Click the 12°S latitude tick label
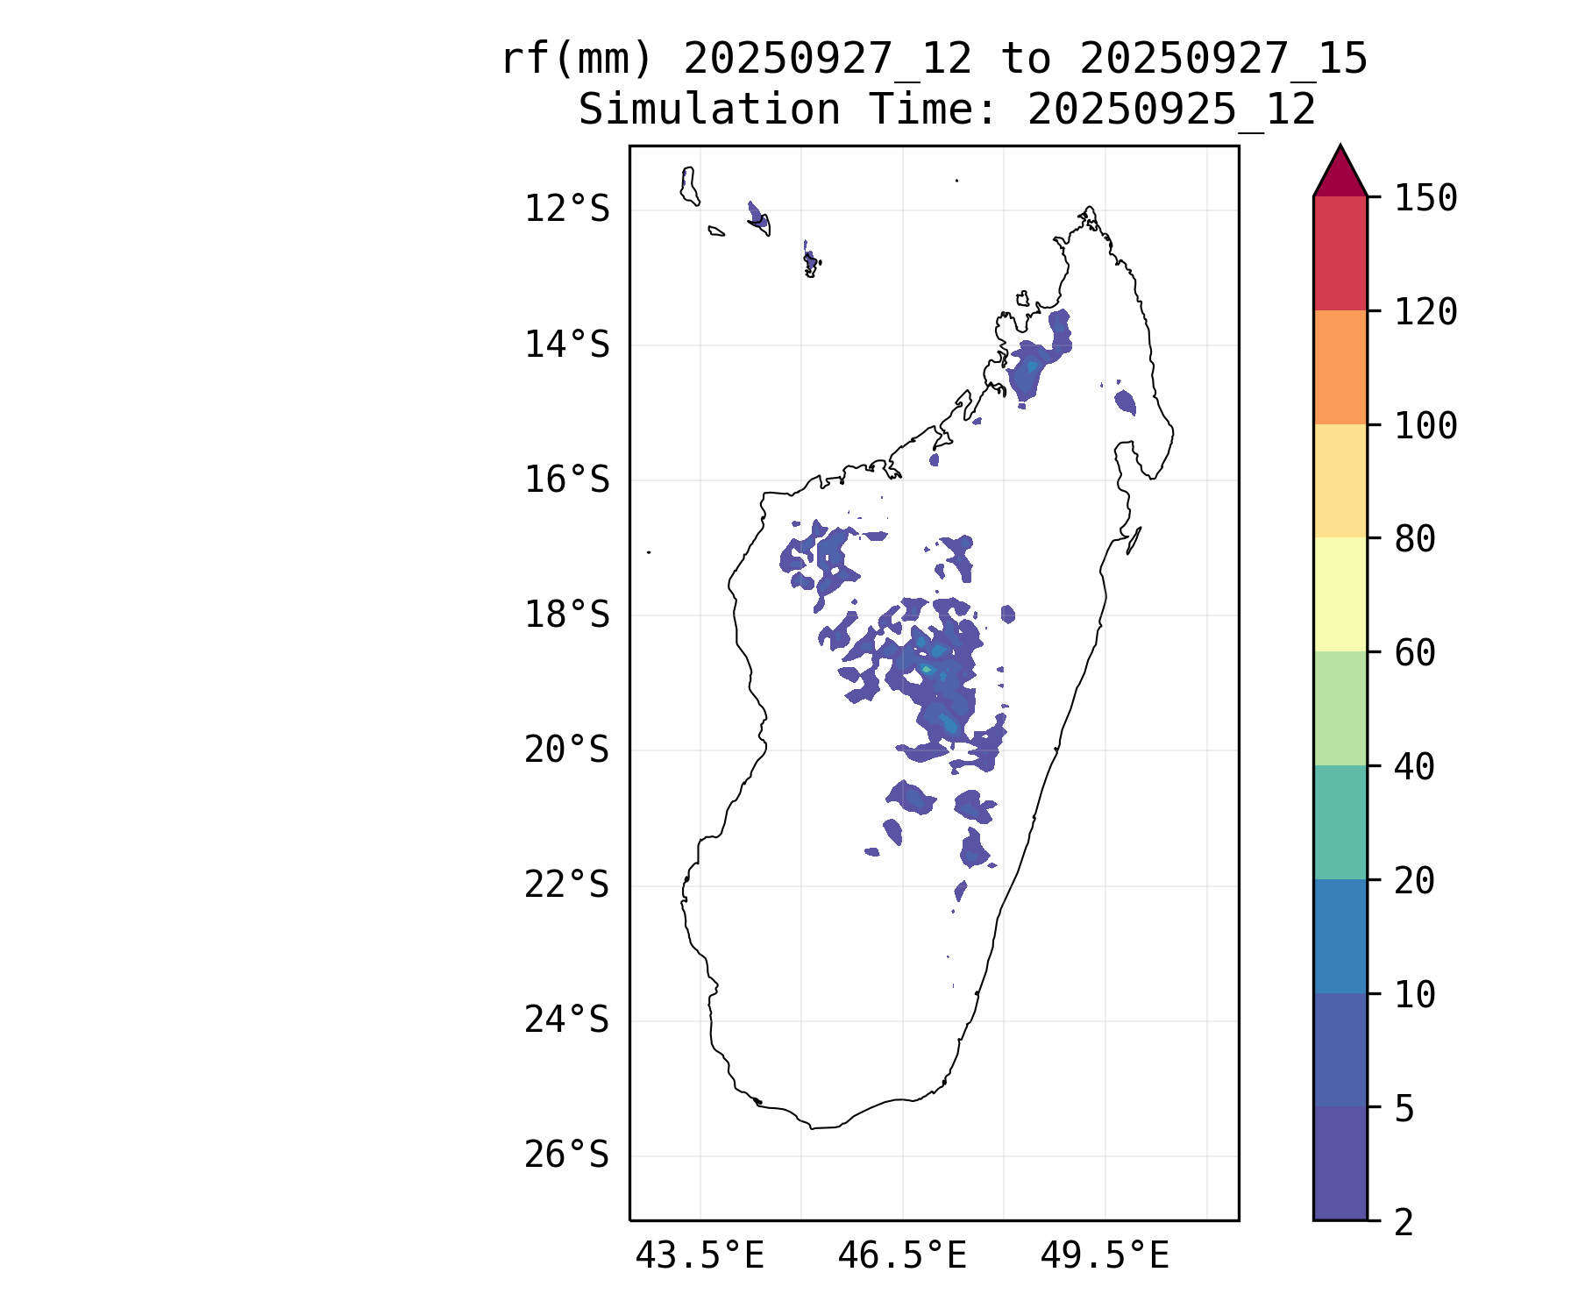[566, 210]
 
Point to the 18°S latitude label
[566, 615]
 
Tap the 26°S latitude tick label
[566, 1155]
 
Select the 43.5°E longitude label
[700, 1256]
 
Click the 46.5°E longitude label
[902, 1256]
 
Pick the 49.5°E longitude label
[1105, 1256]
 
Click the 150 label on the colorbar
[1425, 198]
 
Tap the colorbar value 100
[1425, 426]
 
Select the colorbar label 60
[1415, 653]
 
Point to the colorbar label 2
[1404, 1222]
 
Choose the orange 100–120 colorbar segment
[1340, 367]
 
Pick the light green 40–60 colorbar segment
[1340, 708]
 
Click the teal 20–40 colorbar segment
[1340, 822]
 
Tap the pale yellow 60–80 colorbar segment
[1340, 594]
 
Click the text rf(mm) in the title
[578, 60]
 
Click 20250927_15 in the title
[1224, 60]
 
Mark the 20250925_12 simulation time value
[1172, 110]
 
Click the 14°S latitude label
[566, 345]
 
